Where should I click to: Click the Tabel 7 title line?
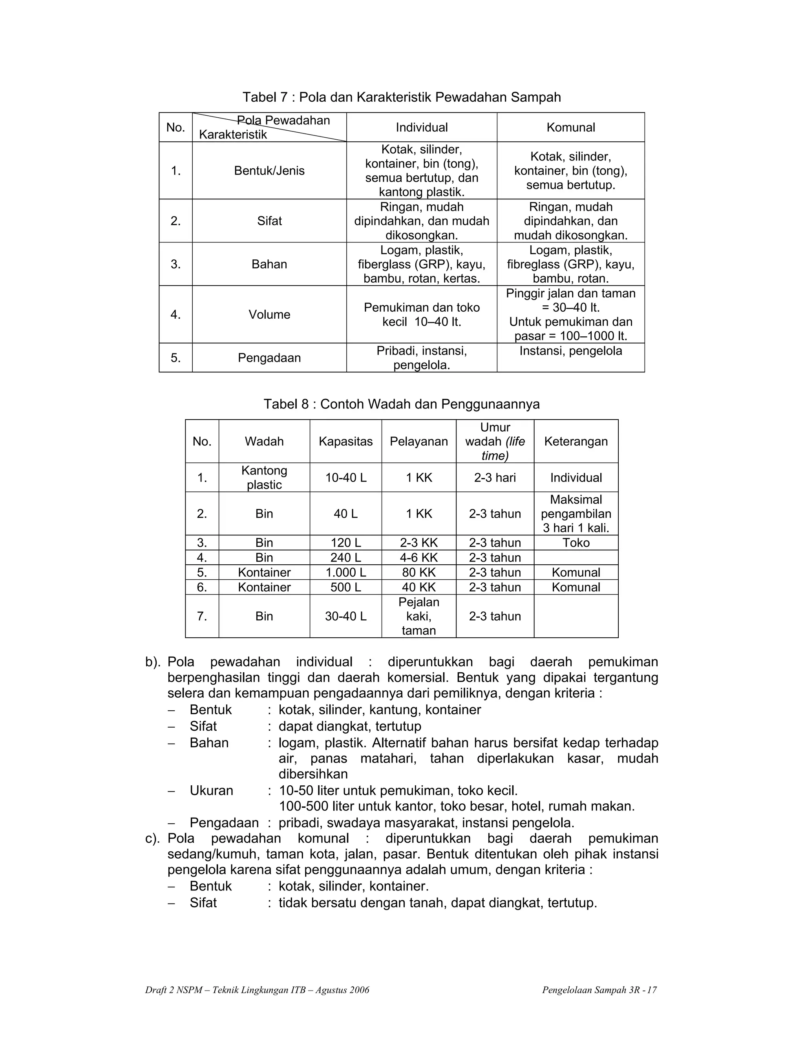click(402, 97)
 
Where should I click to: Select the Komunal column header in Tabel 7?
click(570, 127)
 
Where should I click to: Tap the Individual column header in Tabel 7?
click(422, 127)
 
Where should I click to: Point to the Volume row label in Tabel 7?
click(269, 314)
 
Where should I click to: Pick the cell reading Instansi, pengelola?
click(570, 351)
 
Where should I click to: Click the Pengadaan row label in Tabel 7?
click(269, 358)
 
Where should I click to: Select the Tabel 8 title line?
click(402, 404)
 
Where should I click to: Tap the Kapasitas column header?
click(345, 442)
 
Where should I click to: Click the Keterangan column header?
click(576, 442)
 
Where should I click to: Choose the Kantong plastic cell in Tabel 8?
click(264, 477)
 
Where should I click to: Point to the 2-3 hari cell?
click(495, 478)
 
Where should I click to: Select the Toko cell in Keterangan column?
click(576, 543)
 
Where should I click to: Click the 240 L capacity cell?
click(345, 558)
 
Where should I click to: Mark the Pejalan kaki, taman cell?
click(418, 616)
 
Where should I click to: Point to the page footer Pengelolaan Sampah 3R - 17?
click(599, 990)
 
